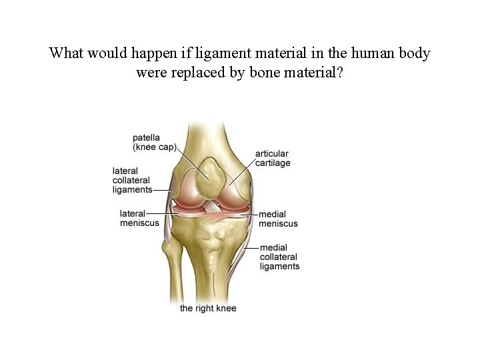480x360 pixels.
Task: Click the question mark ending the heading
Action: [x=341, y=72]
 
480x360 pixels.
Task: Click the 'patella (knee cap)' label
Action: [x=154, y=141]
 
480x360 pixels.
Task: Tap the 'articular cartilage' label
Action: [x=273, y=158]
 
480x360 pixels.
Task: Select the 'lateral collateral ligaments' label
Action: [x=131, y=180]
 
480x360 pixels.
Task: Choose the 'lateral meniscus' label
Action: [x=139, y=218]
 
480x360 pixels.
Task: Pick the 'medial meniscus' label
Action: [x=278, y=219]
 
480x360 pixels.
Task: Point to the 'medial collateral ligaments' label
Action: [x=279, y=257]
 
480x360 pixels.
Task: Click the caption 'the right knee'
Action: [x=208, y=308]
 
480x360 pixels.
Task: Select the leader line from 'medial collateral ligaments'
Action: [x=252, y=248]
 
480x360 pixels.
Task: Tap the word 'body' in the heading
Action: [x=414, y=53]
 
